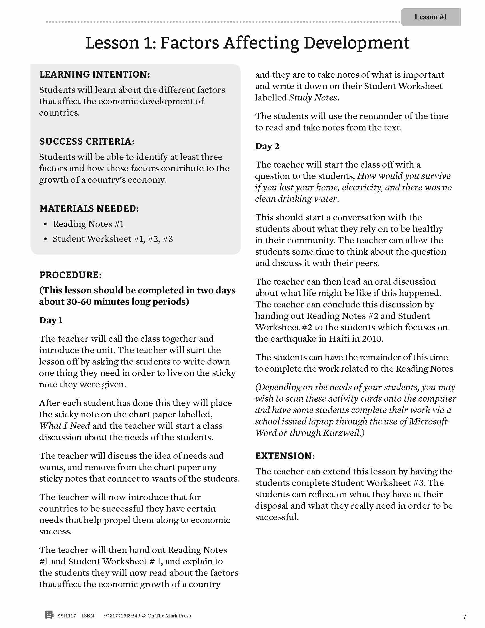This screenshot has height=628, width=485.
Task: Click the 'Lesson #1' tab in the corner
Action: (431, 17)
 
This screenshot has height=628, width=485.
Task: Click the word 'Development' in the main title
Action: (356, 43)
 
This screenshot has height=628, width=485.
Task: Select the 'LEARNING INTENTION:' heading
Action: (94, 75)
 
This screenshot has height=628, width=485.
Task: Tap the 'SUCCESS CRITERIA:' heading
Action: (87, 142)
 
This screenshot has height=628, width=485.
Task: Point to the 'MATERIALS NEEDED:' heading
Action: (89, 208)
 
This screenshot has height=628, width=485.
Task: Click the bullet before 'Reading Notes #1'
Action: (45, 224)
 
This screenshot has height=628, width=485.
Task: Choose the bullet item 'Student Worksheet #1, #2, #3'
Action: (113, 239)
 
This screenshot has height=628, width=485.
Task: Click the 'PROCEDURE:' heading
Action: (70, 275)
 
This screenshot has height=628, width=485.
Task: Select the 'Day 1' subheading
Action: (51, 320)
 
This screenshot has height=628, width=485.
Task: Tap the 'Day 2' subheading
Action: (267, 146)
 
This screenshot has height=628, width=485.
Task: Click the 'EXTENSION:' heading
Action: (285, 456)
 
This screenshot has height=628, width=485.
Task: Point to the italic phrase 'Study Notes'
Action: (313, 98)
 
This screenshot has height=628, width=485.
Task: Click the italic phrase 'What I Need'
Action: (65, 426)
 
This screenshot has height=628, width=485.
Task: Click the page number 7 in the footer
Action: (464, 616)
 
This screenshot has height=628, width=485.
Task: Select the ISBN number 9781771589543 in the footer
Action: (122, 616)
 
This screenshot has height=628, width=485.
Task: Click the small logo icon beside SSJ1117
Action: (49, 615)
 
